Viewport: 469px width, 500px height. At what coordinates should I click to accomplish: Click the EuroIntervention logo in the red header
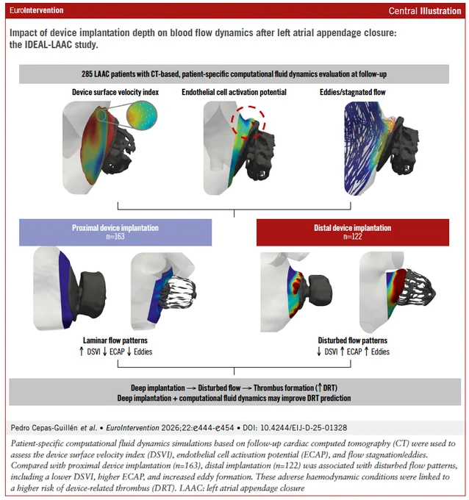pos(36,10)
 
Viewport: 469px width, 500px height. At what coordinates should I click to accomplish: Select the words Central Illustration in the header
pos(425,11)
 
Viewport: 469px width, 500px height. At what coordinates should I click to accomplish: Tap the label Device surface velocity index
pos(115,92)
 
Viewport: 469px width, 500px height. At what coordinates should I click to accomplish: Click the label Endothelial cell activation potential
pos(234,92)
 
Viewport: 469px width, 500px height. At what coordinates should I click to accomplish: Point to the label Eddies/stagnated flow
pos(353,92)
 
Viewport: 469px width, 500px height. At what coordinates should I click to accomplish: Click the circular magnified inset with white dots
pos(142,115)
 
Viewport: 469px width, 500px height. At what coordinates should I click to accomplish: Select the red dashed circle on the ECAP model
pos(248,123)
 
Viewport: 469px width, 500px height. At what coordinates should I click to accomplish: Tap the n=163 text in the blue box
pos(115,237)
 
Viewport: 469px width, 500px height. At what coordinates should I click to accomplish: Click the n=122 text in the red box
pos(353,237)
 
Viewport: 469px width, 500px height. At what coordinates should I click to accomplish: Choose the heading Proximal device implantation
pos(115,228)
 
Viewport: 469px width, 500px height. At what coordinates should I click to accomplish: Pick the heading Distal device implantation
pos(353,228)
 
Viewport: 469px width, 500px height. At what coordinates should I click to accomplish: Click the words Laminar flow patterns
pos(115,340)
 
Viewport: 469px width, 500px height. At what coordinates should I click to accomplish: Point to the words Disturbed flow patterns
pos(353,340)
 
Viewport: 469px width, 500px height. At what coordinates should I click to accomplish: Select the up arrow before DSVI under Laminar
pos(82,351)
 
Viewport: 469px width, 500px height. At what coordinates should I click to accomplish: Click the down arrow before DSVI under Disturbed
pos(319,351)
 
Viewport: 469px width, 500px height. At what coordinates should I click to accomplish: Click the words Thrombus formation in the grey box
pos(284,388)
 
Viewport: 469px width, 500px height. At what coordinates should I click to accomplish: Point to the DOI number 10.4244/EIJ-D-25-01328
pos(304,428)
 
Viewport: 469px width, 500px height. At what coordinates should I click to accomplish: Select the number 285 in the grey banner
pos(87,74)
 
